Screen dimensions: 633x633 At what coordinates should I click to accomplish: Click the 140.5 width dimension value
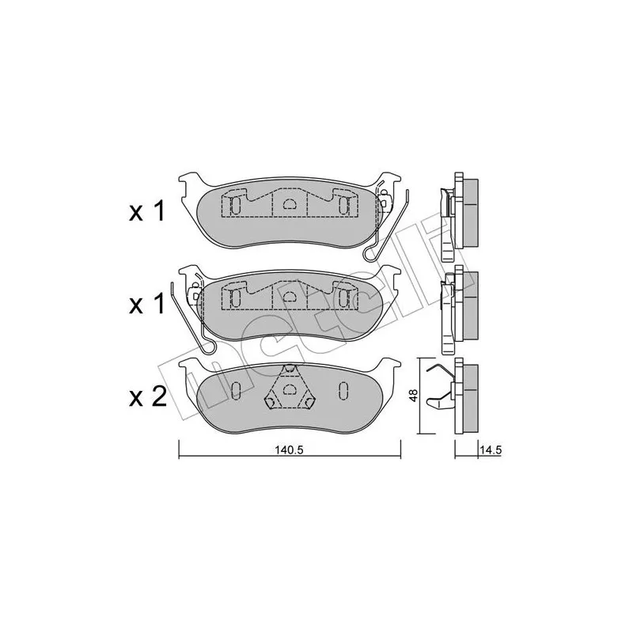click(x=289, y=450)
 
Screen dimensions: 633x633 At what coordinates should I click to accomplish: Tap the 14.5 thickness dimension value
click(x=491, y=450)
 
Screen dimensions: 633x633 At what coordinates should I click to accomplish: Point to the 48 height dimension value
click(x=412, y=395)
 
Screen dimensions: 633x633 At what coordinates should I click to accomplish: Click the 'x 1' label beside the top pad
click(x=147, y=211)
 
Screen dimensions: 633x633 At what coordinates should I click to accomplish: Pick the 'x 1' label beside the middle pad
click(x=147, y=304)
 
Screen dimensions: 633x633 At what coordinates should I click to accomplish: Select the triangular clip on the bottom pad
click(x=289, y=388)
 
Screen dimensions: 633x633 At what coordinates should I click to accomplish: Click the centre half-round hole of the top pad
click(x=290, y=204)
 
